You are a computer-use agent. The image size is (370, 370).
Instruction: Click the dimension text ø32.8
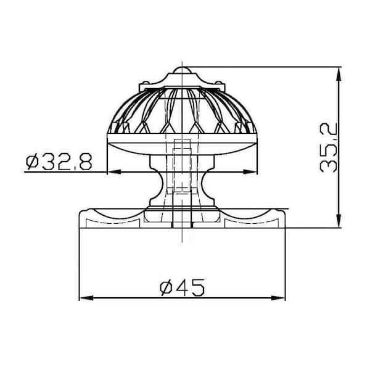tap(59, 162)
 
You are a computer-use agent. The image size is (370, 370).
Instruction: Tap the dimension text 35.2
tap(328, 148)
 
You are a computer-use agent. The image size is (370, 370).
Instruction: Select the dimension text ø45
tap(182, 287)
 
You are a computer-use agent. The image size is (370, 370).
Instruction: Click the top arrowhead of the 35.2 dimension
tap(339, 73)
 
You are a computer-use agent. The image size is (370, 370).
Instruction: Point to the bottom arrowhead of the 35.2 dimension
tap(339, 221)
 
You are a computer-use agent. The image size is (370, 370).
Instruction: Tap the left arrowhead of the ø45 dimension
tap(86, 298)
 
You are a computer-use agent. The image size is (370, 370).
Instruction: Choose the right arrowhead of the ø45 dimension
tap(279, 298)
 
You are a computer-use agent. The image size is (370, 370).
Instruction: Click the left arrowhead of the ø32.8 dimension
tap(115, 172)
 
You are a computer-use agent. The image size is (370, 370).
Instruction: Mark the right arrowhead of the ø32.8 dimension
tap(250, 172)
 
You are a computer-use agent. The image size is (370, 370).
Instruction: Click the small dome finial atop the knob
tap(182, 70)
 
